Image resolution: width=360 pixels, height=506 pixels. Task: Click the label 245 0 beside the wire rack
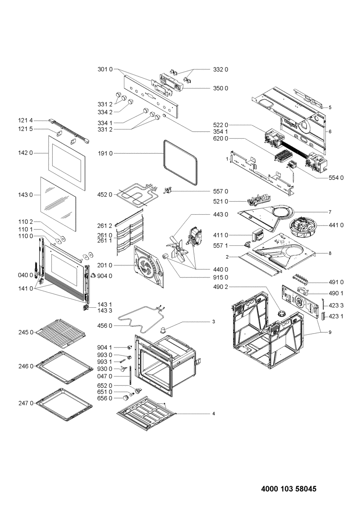point(26,333)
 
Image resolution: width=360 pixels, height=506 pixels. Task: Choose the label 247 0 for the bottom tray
point(26,403)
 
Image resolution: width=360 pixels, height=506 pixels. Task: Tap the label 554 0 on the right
point(336,178)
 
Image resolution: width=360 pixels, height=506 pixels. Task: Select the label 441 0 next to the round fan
point(336,225)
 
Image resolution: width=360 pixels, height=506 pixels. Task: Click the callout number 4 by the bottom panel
point(213,414)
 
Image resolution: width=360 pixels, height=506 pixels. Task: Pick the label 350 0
point(221,88)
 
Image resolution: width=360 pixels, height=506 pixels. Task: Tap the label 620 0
point(221,138)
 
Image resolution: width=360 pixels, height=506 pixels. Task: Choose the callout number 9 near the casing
point(330,332)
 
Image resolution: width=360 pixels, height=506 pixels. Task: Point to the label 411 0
point(221,235)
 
